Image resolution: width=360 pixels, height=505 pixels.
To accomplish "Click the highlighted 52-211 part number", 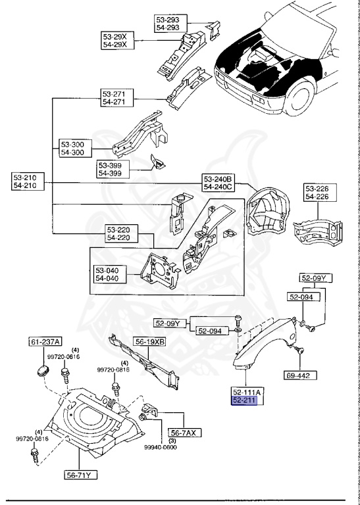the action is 244,400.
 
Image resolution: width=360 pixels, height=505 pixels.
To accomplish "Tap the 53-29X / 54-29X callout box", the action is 118,40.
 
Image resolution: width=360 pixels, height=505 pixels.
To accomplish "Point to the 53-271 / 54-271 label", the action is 117,98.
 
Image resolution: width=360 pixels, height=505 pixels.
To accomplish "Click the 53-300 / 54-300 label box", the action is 76,148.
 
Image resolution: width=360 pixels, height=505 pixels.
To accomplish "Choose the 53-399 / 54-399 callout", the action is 113,170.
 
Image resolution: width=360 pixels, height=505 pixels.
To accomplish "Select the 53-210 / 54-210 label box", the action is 28,181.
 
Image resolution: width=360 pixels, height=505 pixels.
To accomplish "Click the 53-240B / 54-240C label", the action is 219,183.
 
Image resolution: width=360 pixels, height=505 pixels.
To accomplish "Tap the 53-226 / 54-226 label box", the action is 320,192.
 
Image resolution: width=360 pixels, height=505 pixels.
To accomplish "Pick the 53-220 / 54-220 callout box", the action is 122,234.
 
